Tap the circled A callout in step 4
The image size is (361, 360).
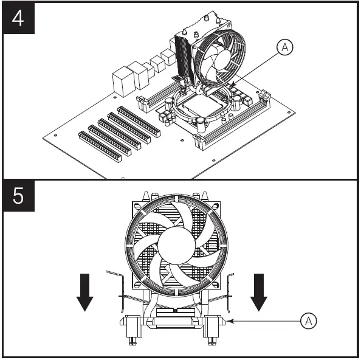[x=284, y=47]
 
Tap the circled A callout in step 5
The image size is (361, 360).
[x=309, y=320]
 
